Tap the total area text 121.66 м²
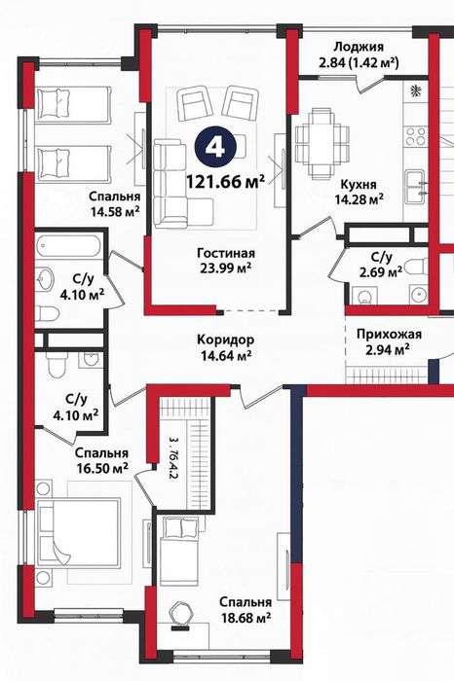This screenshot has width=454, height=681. coord(225,181)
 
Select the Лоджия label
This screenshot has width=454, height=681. coord(358,46)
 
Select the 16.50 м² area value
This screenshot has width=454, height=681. coord(102,468)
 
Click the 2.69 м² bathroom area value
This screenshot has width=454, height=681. coord(381,272)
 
